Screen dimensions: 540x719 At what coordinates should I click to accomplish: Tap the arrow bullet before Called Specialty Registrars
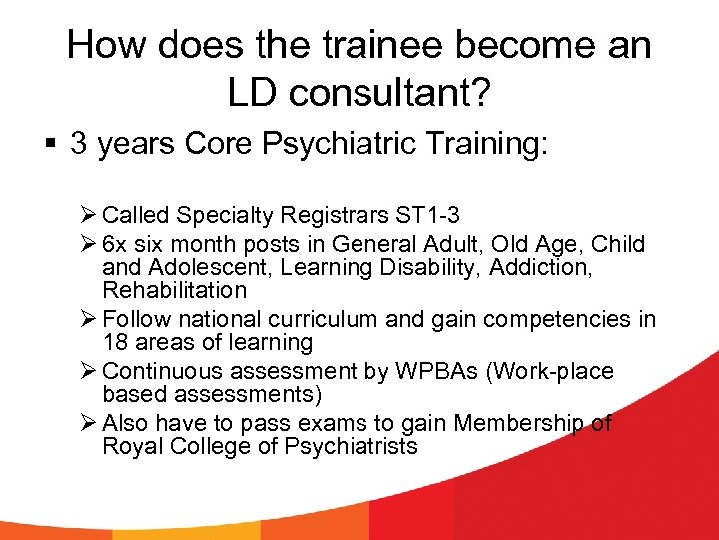pos(88,215)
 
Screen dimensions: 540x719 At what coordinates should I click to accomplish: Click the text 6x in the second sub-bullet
pos(116,244)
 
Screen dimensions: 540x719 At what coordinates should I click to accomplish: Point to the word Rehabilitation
pos(174,290)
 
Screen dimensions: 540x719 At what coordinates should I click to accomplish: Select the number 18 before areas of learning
pos(115,342)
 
